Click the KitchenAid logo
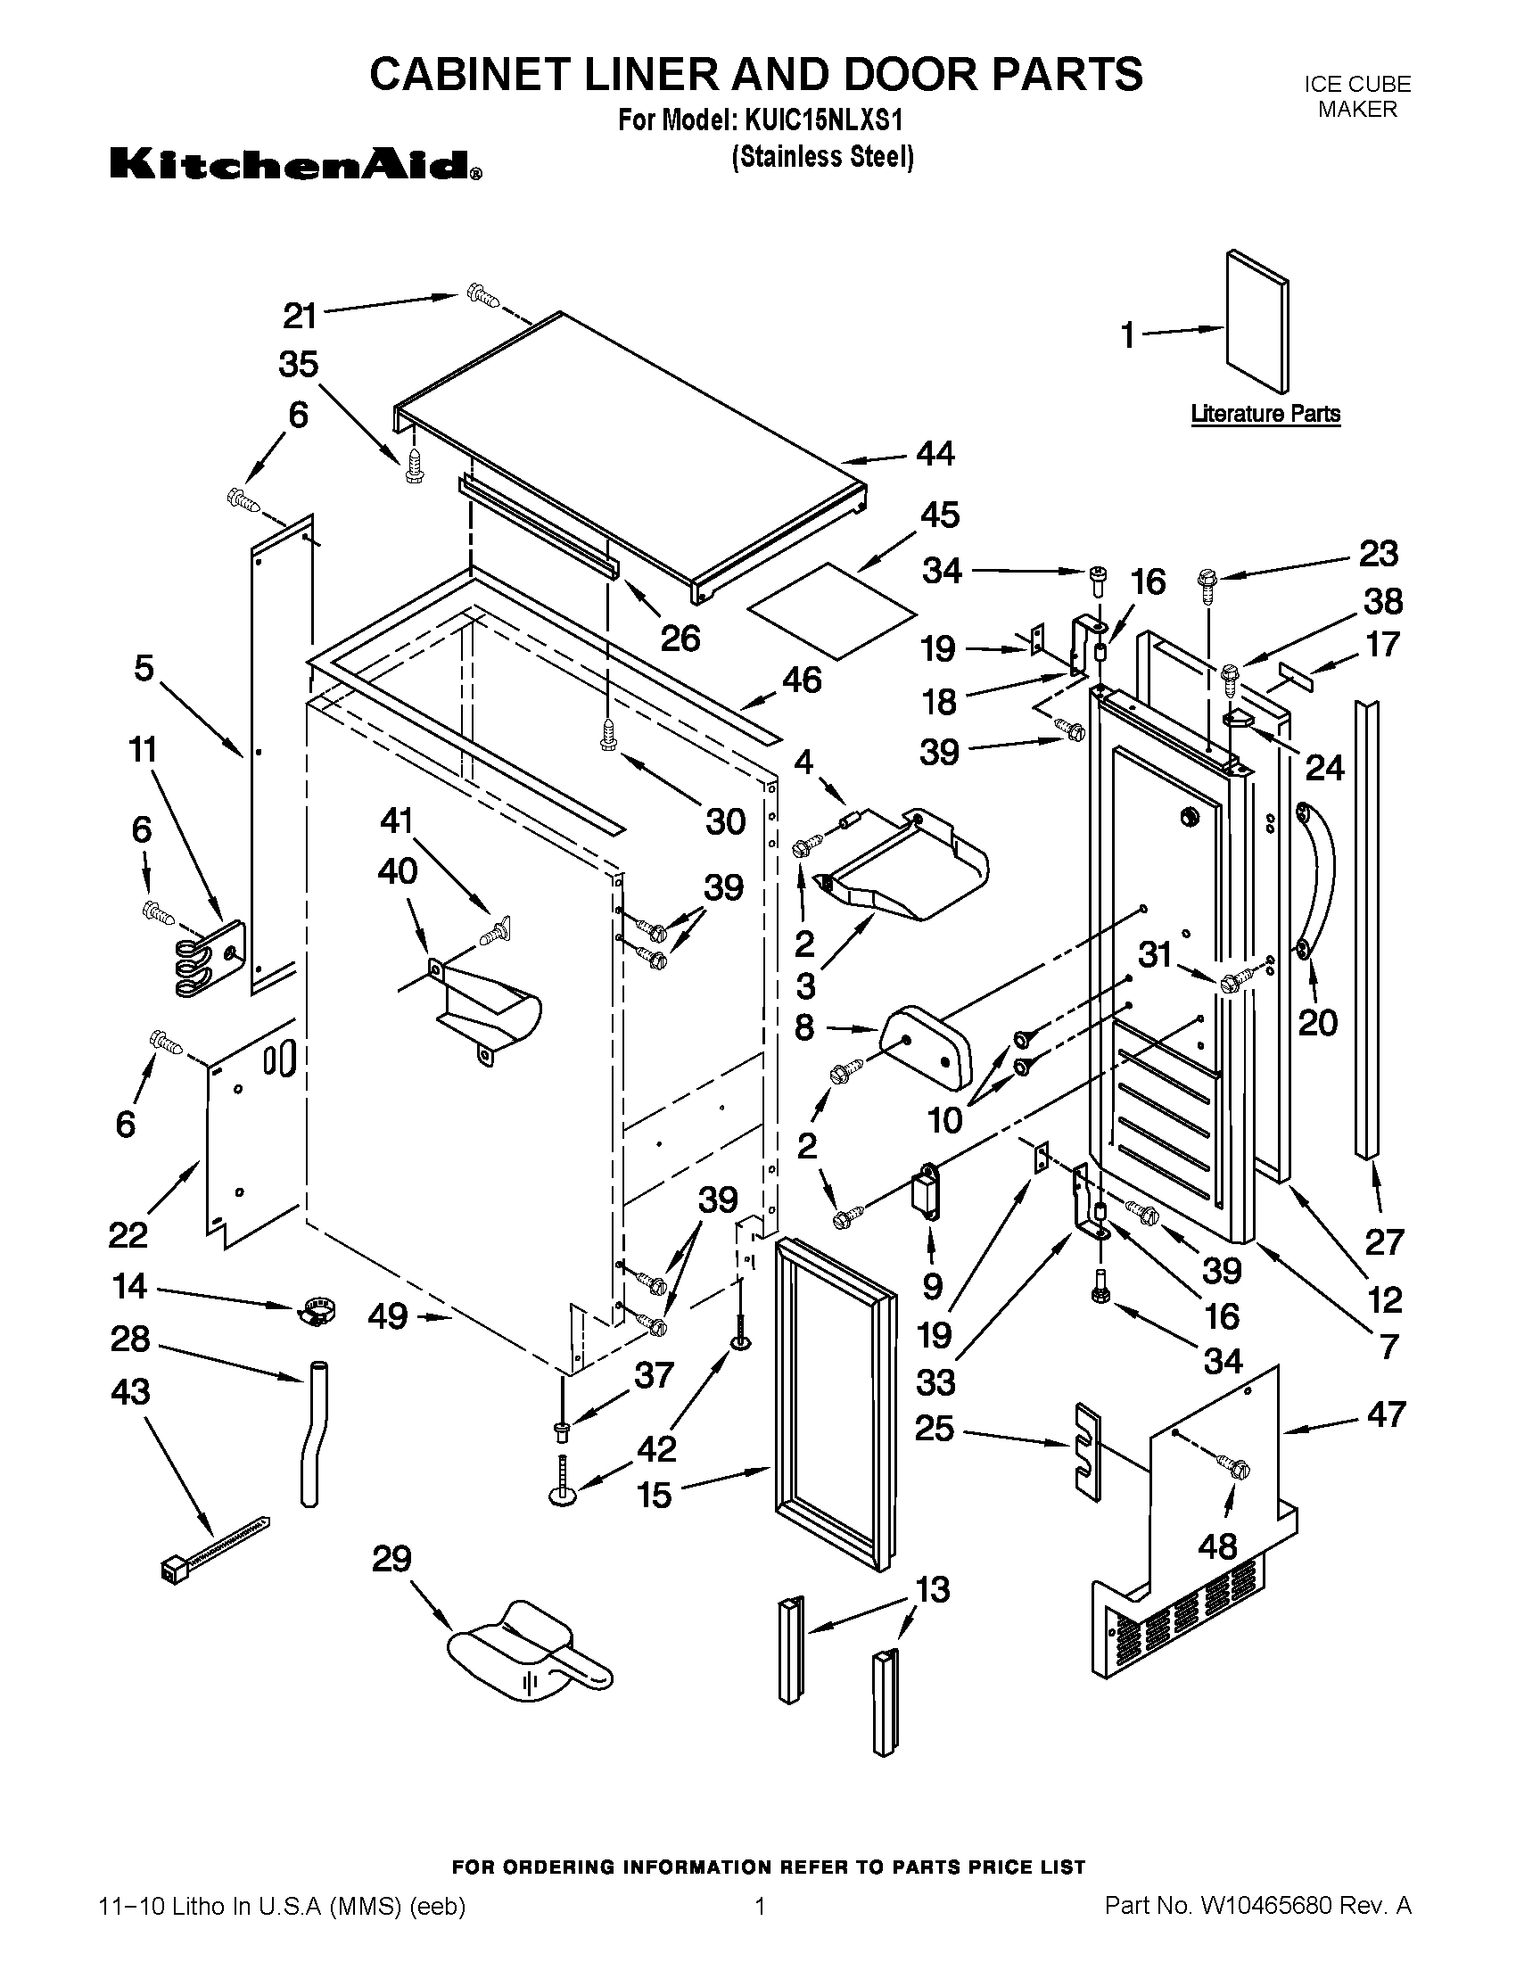click(295, 165)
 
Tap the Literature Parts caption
click(1265, 414)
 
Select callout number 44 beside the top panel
click(935, 454)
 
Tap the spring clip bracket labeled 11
click(207, 960)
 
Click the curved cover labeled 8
click(927, 1048)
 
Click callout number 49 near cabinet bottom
click(388, 1317)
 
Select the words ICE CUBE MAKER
click(1356, 96)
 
